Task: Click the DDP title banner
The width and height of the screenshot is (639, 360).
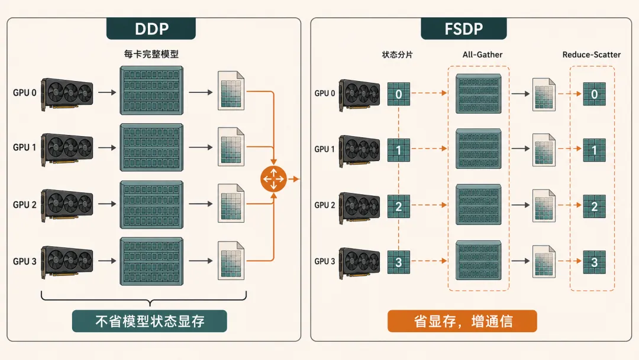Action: (151, 28)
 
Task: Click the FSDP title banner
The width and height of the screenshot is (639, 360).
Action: (464, 28)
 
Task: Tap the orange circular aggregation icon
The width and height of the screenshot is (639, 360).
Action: (273, 179)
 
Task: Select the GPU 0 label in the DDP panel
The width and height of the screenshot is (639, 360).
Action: (24, 92)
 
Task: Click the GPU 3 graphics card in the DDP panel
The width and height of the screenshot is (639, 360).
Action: (67, 262)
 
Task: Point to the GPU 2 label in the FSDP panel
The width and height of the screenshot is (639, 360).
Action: (324, 205)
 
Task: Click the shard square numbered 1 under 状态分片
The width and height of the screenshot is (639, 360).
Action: (399, 150)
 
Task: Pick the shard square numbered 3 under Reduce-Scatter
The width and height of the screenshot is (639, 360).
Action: (594, 262)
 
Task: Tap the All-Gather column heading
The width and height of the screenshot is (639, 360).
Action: (483, 54)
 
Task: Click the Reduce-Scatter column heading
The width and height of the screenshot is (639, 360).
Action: (591, 54)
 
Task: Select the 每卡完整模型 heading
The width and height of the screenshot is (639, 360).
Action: (151, 54)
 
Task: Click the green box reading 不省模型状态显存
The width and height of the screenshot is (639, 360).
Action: (150, 322)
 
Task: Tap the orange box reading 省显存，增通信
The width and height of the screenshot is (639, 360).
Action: (462, 322)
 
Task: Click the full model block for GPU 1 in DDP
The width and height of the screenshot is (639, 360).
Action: (151, 147)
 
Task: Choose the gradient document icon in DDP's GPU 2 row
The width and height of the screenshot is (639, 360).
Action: (231, 204)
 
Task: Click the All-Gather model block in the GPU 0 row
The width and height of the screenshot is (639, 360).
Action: (479, 94)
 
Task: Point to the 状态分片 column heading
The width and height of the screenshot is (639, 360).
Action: (398, 54)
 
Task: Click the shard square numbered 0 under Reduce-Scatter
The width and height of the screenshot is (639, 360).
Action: (594, 94)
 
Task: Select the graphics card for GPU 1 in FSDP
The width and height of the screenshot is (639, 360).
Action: (360, 151)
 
